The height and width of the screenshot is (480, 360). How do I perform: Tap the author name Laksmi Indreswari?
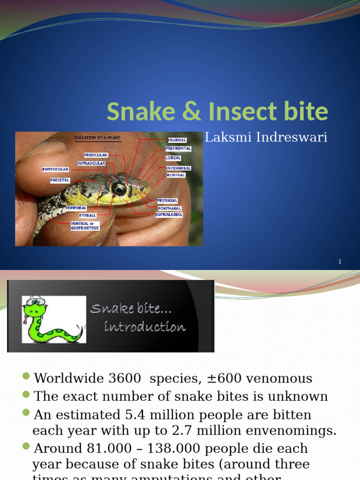[266, 138]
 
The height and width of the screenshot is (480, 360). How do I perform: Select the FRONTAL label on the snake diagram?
[177, 140]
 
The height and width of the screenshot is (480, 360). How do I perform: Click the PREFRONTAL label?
[178, 149]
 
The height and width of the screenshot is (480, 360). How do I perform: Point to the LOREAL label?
[173, 158]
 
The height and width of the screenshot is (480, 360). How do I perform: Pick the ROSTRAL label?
[176, 175]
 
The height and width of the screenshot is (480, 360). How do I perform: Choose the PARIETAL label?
[60, 180]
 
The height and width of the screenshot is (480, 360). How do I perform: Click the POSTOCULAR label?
[55, 169]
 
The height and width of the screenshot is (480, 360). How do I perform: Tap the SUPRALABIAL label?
[169, 215]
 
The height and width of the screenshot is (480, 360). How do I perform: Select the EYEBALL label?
[88, 215]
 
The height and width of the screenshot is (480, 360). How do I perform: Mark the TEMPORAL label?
[76, 208]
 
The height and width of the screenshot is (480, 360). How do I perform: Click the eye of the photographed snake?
[119, 188]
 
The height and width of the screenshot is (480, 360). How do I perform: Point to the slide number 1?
[340, 262]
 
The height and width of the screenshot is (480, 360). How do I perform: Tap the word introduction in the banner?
[144, 327]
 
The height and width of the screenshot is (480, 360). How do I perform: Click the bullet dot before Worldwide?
[26, 377]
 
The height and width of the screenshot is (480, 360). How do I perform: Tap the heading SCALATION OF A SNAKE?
[97, 138]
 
